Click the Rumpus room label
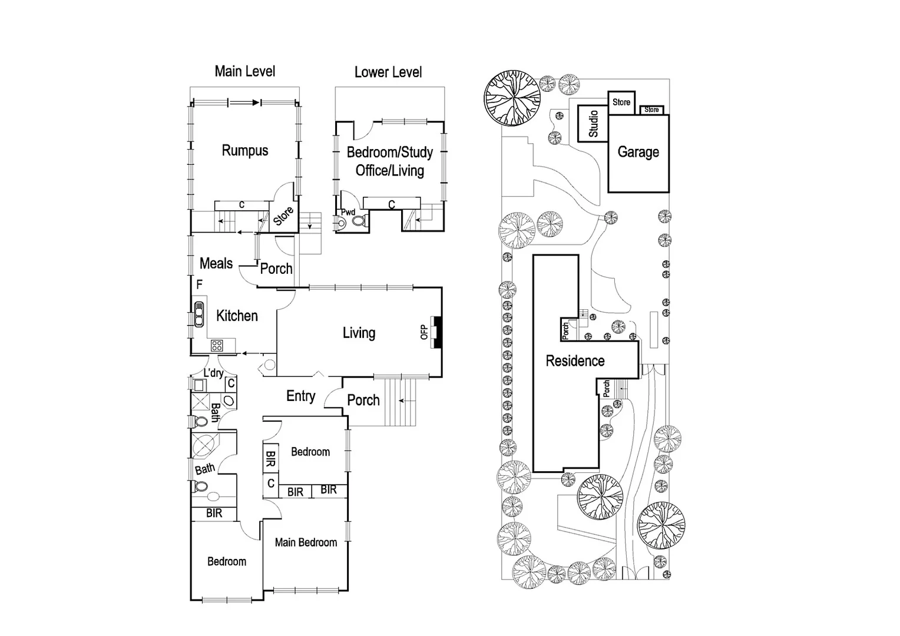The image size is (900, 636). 244,151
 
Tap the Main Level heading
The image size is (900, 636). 244,71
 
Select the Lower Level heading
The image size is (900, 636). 388,72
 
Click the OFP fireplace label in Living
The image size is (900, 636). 423,333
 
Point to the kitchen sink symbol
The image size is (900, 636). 199,314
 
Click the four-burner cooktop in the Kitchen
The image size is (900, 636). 217,346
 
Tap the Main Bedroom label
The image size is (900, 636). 306,542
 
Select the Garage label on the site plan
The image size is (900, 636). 638,152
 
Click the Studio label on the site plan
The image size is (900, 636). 593,124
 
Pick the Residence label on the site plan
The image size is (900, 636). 575,361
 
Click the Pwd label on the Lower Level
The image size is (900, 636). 348,212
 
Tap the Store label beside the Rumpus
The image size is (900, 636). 283,216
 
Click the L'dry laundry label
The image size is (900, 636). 213,373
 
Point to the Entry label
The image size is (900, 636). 300,396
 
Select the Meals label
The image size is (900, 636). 216,263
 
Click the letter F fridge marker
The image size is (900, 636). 200,284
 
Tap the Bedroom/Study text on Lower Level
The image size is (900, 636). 389,153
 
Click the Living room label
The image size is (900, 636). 359,333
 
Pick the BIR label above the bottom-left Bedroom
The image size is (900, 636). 214,514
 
